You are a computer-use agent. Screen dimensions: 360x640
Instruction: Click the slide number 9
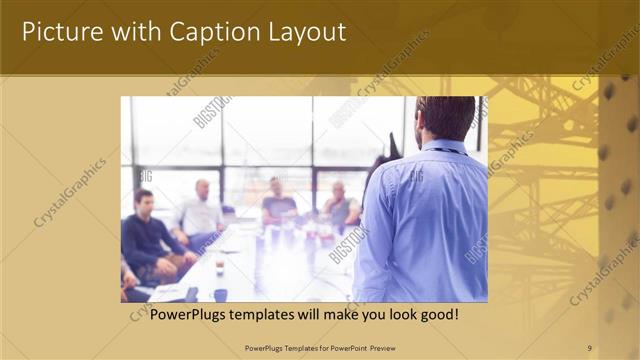click(x=589, y=347)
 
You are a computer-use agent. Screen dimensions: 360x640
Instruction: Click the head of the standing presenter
click(x=445, y=118)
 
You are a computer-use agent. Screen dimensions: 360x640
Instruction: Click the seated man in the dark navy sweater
click(x=148, y=235)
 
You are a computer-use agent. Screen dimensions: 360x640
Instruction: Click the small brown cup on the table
click(x=219, y=265)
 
